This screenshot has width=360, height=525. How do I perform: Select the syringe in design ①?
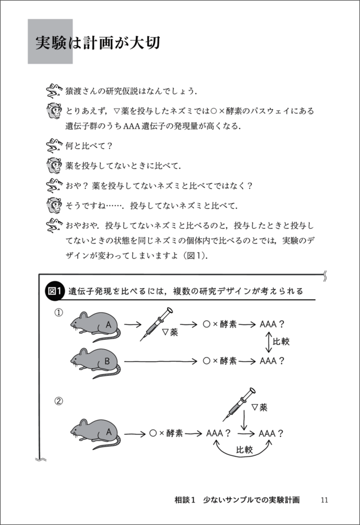[156, 324]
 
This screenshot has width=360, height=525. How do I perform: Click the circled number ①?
[58, 313]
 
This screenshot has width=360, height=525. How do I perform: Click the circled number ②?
[58, 401]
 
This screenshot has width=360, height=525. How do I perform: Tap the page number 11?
[325, 499]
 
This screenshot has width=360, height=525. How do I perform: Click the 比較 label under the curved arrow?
[244, 449]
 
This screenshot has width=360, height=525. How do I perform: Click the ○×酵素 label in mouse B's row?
[220, 360]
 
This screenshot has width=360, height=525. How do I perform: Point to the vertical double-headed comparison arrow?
[269, 342]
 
